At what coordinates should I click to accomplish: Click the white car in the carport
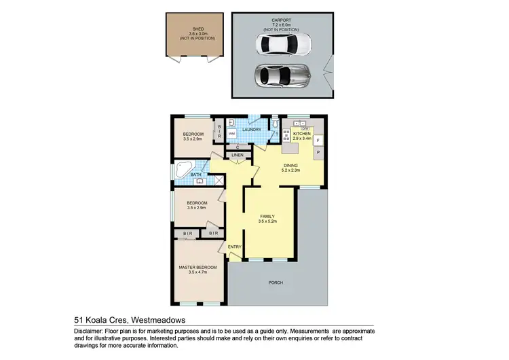click(x=284, y=45)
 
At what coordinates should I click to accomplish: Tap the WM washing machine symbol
click(x=231, y=134)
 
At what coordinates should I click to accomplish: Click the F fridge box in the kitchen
click(x=318, y=141)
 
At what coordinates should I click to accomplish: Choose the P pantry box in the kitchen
click(x=318, y=152)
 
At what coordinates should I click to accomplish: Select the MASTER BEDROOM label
click(x=197, y=268)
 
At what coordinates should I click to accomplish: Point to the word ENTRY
click(x=235, y=246)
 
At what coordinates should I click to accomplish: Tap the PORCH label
click(x=276, y=282)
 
